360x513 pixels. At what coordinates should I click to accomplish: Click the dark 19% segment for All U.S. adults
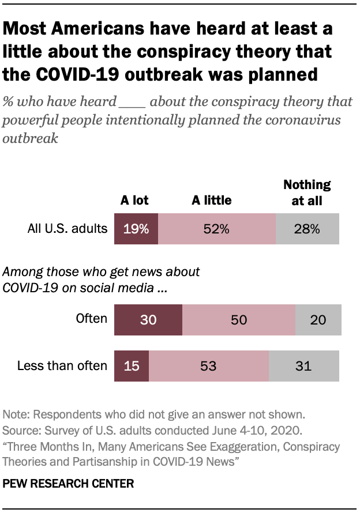click(x=136, y=228)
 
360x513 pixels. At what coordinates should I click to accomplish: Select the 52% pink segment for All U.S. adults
click(x=216, y=228)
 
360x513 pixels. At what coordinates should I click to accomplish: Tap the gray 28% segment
click(x=307, y=228)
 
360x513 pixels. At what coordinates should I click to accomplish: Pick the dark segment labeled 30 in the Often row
click(x=148, y=320)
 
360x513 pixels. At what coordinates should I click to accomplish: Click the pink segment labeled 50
click(x=238, y=320)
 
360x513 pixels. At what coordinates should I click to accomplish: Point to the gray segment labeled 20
click(x=318, y=320)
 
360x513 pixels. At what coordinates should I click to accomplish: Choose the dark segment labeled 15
click(x=132, y=365)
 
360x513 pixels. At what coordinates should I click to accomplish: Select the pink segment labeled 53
click(x=208, y=365)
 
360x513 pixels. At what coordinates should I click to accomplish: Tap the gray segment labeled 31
click(x=303, y=365)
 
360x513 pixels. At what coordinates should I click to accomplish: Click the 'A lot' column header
click(x=134, y=201)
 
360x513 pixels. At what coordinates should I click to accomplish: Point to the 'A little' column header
click(x=212, y=201)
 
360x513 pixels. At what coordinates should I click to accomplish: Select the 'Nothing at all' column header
click(x=307, y=193)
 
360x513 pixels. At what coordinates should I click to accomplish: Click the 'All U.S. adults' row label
click(x=67, y=228)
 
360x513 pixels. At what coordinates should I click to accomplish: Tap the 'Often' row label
click(x=92, y=319)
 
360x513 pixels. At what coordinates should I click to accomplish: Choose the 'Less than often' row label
click(x=62, y=365)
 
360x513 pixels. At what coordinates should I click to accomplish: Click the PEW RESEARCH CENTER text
click(x=68, y=484)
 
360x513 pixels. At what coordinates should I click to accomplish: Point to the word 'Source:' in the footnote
click(x=21, y=431)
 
